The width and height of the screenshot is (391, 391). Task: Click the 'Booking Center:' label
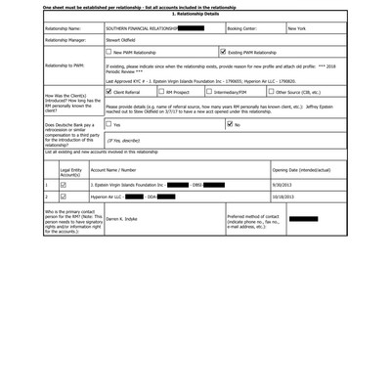point(248,29)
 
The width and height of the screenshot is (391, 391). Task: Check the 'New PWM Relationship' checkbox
point(109,52)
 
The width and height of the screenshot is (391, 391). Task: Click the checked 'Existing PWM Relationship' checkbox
point(225,52)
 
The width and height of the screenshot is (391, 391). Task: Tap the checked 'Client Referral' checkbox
point(109,91)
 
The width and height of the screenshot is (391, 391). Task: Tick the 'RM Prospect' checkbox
point(161,91)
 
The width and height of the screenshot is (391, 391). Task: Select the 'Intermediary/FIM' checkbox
point(209,91)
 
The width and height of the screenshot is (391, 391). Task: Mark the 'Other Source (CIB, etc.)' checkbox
point(272,91)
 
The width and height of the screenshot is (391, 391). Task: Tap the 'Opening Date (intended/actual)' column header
point(302,170)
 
